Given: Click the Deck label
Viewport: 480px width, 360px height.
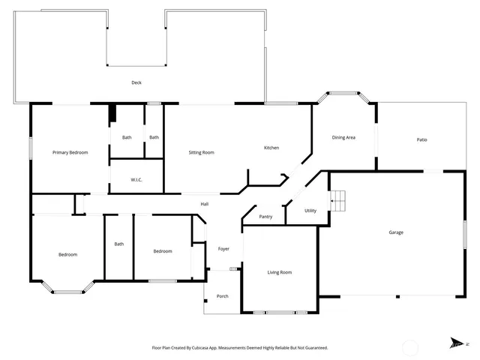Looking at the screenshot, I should coord(136,82).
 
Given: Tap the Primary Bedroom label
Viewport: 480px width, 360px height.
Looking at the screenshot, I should coord(70,152).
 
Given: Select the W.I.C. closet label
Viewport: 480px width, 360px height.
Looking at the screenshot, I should coord(136,179).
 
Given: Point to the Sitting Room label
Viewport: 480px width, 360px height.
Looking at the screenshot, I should coord(201,152).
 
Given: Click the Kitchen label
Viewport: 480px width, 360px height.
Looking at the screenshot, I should coord(271,148).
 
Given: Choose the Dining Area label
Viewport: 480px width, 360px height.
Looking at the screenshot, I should coord(343,137).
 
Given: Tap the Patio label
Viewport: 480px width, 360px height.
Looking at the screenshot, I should coord(422,139).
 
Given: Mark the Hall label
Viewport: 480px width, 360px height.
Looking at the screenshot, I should coord(204,204).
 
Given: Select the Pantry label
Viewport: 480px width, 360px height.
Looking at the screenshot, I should coord(265,217).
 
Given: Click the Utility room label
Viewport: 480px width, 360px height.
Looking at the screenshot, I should coord(310,211).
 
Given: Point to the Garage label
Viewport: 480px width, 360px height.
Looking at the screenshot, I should coord(396,232).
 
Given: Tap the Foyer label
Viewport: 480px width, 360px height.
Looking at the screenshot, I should coord(223,248).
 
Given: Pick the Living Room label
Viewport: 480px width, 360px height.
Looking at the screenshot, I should coord(280,272).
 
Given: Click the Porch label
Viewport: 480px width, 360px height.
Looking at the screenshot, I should coord(223,296).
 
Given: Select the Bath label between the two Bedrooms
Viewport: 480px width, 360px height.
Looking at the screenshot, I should coord(119,244).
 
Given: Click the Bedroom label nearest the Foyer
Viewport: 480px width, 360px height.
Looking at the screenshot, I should coord(163,251).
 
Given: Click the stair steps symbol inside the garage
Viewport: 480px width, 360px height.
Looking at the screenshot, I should coord(340,201).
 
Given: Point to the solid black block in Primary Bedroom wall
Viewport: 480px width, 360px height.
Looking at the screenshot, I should coord(112,113).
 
